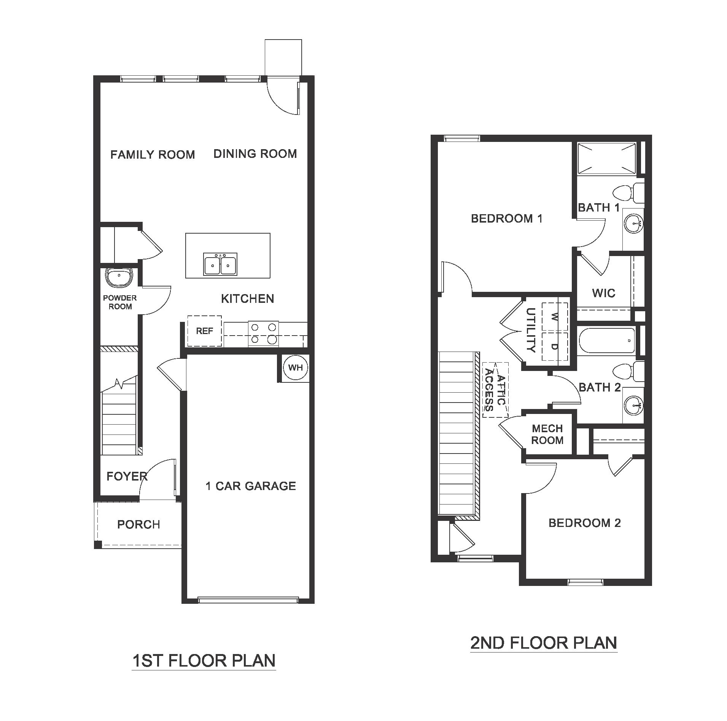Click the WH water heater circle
(x=295, y=367)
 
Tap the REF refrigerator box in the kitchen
(x=204, y=331)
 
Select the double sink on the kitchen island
(x=220, y=264)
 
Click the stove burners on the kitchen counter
(x=263, y=334)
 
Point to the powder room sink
(x=119, y=277)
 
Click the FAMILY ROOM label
(x=153, y=154)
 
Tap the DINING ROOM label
(x=255, y=154)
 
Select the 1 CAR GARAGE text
(x=250, y=486)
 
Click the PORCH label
(x=138, y=524)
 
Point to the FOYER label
(x=127, y=476)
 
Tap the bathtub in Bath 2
(x=606, y=340)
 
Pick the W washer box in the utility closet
(x=554, y=317)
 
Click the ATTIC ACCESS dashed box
(x=495, y=390)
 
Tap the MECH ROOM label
(x=547, y=434)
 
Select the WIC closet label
(x=603, y=293)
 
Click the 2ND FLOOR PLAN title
(x=543, y=643)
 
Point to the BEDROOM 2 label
(x=584, y=523)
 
